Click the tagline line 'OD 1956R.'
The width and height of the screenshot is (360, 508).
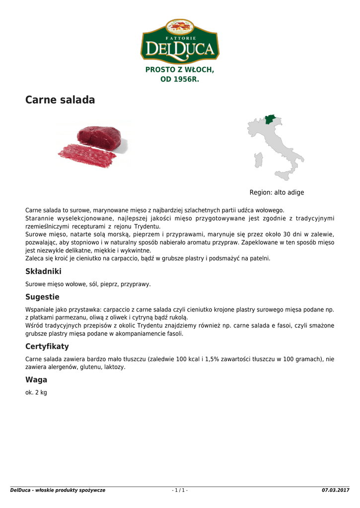[180, 79]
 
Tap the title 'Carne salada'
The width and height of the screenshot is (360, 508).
[60, 100]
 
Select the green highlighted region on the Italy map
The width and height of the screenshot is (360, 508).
[271, 119]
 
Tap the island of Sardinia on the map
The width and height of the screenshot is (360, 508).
[258, 160]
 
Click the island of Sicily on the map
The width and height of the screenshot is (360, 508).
[285, 175]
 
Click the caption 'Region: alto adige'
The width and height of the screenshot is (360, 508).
[277, 192]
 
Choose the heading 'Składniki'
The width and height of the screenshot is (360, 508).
[43, 271]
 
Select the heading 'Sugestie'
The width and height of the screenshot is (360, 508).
[42, 297]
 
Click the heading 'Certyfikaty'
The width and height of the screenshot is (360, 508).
[47, 346]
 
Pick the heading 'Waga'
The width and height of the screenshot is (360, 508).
[36, 380]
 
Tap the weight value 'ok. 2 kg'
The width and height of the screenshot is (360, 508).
[36, 392]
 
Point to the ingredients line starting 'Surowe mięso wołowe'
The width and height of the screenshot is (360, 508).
[88, 284]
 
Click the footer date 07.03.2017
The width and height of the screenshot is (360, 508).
[336, 490]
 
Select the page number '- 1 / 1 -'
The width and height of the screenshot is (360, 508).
[180, 490]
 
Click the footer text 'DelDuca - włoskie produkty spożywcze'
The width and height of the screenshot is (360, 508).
[58, 490]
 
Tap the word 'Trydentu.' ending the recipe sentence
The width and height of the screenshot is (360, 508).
[147, 226]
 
